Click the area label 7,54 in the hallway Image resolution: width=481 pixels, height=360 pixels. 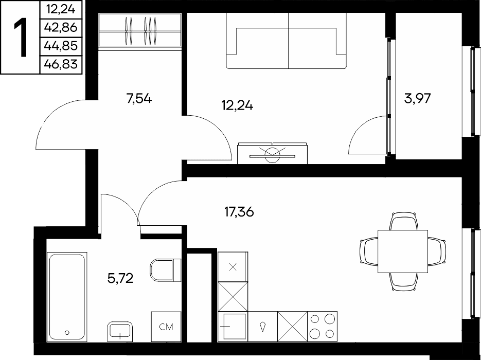pos(139,99)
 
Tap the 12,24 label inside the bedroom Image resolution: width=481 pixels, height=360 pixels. pos(237,105)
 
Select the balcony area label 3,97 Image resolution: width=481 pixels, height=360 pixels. pos(418,99)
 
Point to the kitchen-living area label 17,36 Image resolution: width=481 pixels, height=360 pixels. pos(239,212)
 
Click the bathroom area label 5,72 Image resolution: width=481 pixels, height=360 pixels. pos(120,278)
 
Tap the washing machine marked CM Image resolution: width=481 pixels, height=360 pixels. pos(166,327)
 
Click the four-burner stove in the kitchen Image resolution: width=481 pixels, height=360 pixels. pos(322,326)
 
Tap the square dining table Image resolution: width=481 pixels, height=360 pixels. pos(402,251)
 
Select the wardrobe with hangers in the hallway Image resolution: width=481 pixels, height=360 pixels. pos(140,31)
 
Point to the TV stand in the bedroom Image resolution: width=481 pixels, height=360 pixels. pos(273,153)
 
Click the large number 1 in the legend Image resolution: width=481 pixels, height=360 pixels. pos(21,37)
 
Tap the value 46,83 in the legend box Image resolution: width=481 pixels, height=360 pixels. pos(61,64)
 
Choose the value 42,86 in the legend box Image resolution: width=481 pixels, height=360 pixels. pos(61,28)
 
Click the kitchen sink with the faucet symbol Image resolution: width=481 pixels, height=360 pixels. pos(262,326)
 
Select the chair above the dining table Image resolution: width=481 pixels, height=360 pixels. pos(403,221)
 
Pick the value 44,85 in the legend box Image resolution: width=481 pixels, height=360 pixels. pos(61,46)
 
